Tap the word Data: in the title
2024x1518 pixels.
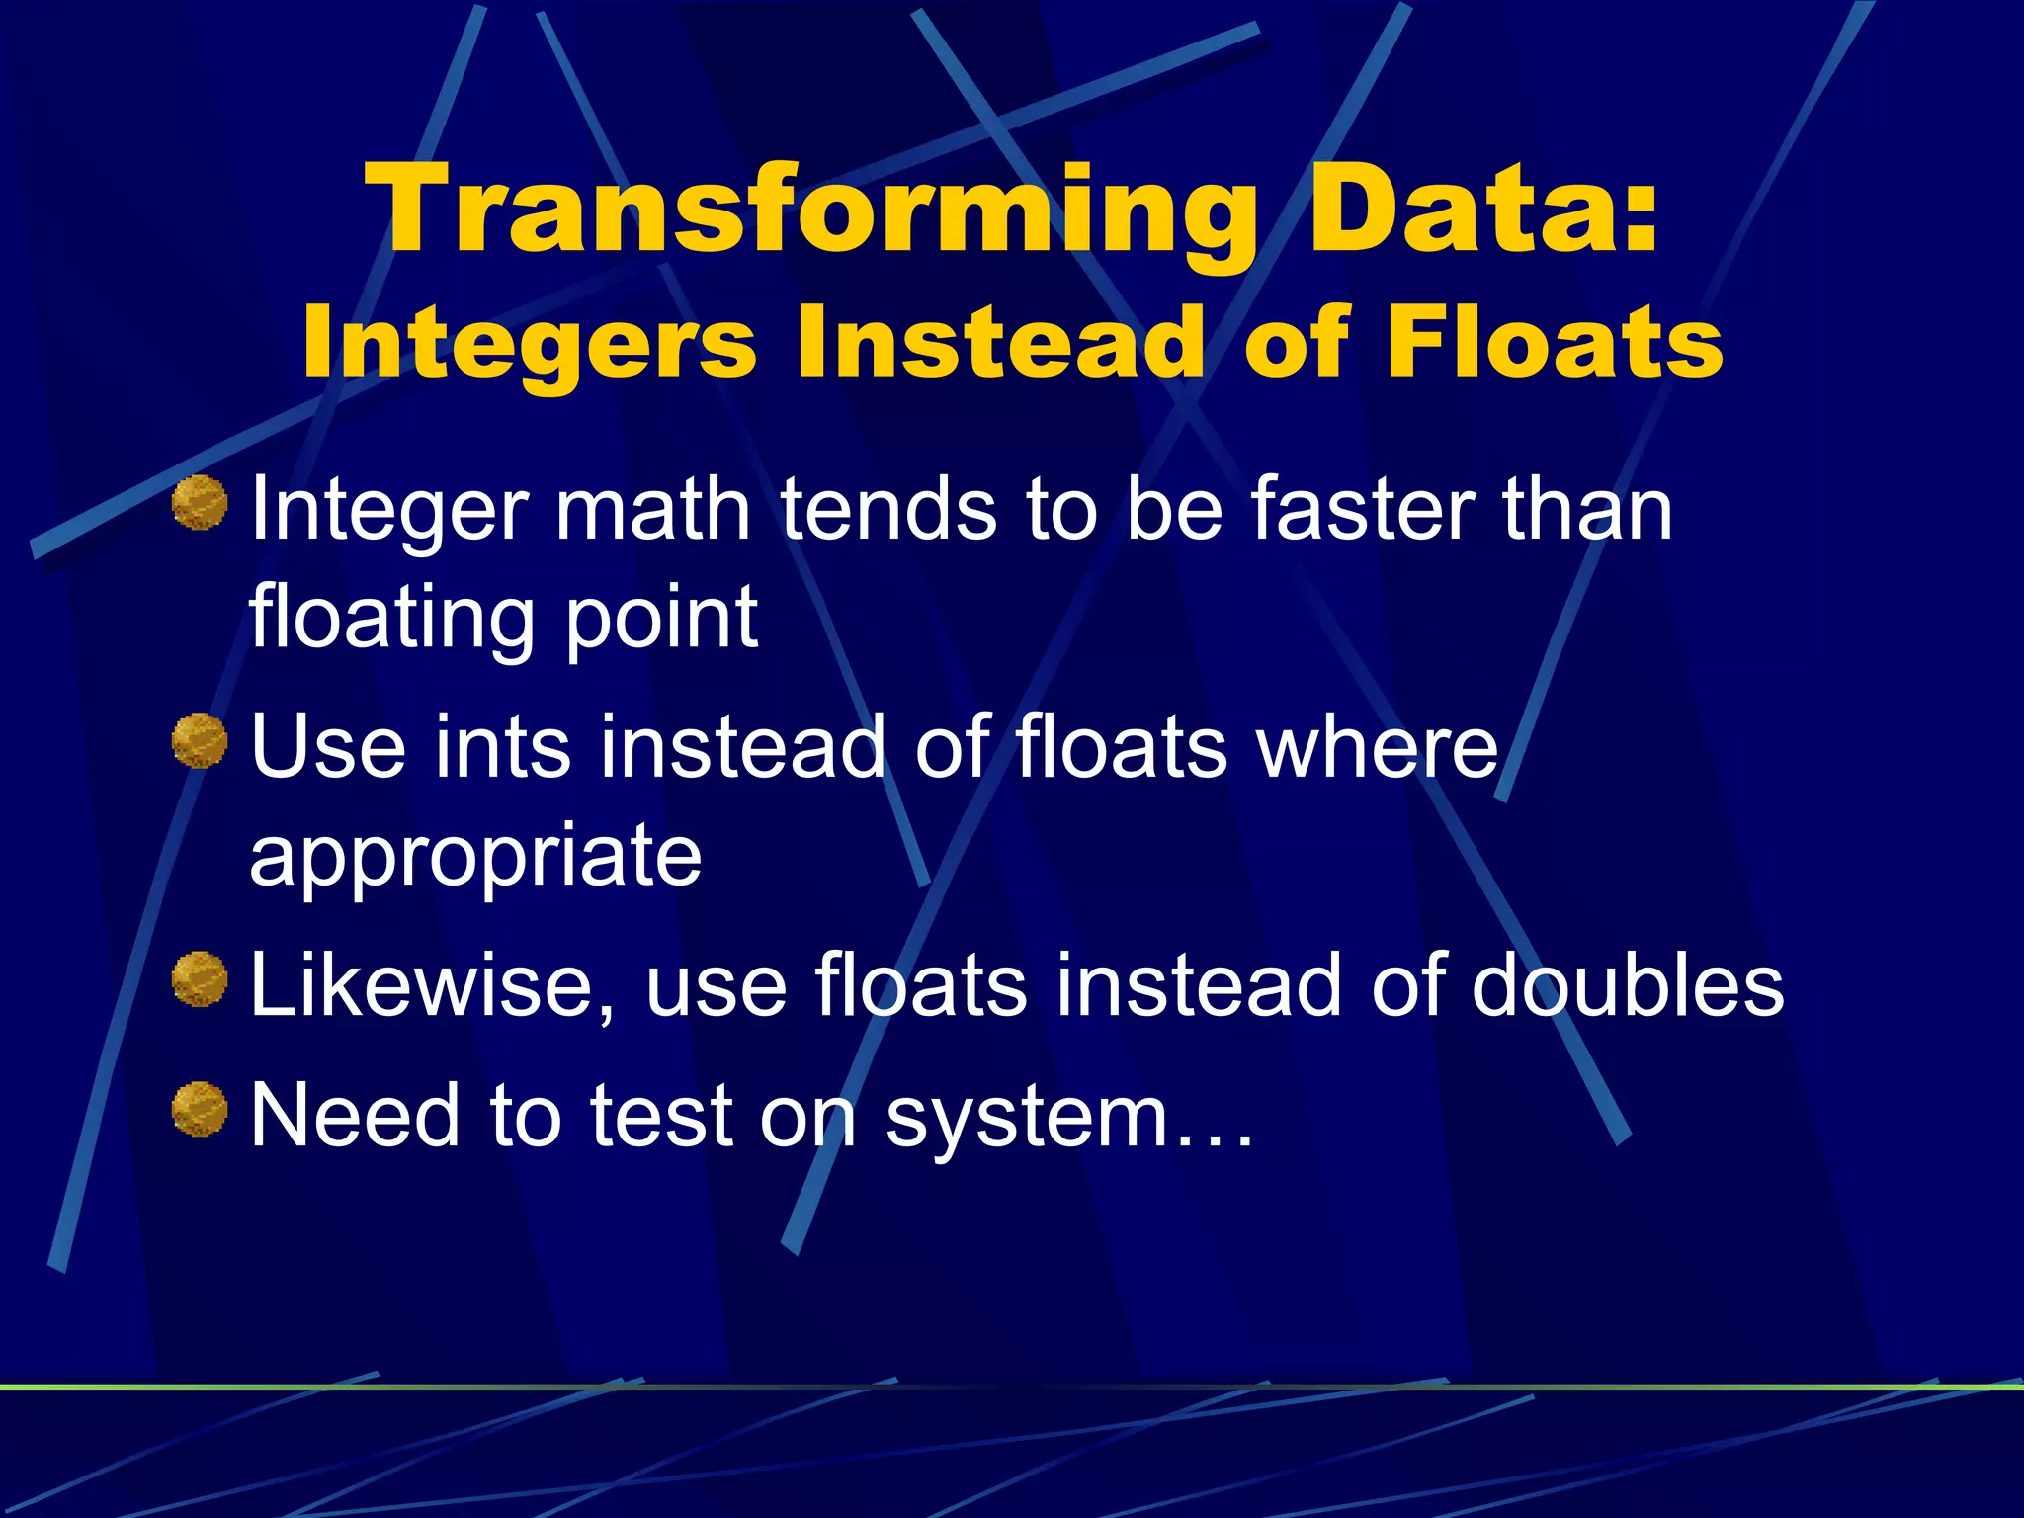1483,211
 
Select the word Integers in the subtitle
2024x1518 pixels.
529,342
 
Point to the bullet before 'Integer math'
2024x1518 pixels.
200,502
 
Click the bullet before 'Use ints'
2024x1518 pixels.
200,740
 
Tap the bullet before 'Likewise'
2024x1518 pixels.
200,979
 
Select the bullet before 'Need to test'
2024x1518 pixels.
200,1109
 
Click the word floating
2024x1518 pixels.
391,619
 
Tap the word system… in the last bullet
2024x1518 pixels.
1068,1118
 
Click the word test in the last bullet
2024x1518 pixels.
661,1116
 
